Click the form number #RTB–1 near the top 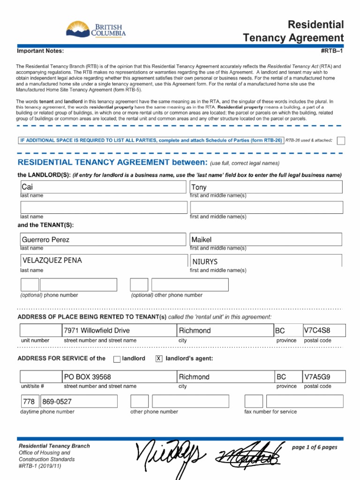pos(331,51)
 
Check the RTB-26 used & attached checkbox pos(341,141)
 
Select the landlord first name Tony pos(199,187)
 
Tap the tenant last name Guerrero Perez pos(46,240)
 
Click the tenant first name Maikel pos(202,240)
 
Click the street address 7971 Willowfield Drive pos(97,330)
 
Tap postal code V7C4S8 pos(314,330)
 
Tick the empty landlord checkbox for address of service pos(117,359)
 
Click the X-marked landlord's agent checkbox pos(159,359)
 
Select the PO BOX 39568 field pos(88,377)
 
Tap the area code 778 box pos(29,402)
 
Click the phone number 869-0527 pos(57,402)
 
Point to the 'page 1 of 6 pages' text pos(314,447)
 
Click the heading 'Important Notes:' pos(40,51)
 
